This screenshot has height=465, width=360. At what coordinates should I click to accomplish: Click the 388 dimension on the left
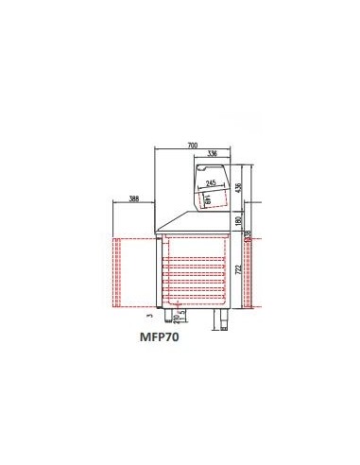(133, 199)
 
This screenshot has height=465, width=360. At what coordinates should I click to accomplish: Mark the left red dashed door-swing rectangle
(133, 273)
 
